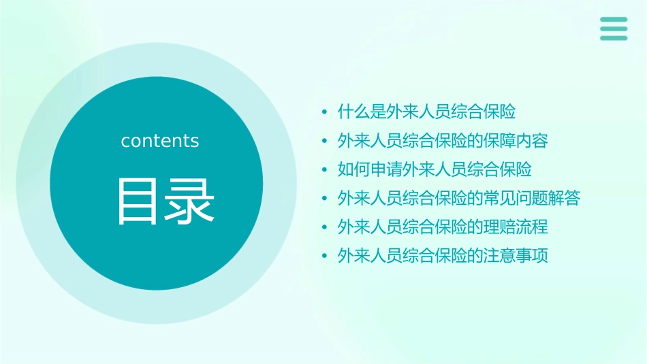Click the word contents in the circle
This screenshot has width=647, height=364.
160,141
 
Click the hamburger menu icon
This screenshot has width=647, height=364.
614,29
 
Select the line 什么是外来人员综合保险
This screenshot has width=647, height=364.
426,112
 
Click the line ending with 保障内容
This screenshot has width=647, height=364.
443,141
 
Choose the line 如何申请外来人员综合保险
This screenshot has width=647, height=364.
435,169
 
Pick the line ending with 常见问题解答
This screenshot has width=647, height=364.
459,199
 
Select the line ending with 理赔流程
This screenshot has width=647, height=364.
443,227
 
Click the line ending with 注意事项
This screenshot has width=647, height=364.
443,257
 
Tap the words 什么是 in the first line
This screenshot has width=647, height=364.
362,112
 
